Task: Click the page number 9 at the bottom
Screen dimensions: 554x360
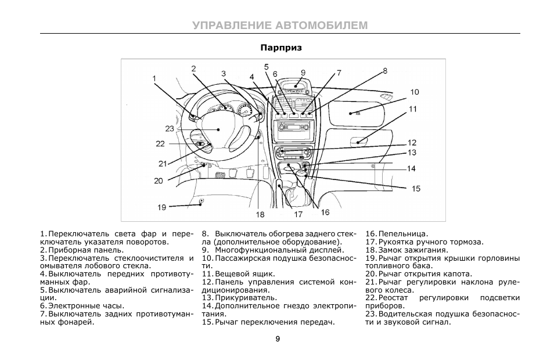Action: [x=278, y=339]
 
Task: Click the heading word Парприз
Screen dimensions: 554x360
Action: [x=281, y=48]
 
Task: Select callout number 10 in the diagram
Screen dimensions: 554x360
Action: [x=415, y=92]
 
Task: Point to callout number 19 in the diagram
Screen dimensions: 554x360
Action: [x=162, y=207]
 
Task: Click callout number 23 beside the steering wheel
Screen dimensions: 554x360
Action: [x=170, y=128]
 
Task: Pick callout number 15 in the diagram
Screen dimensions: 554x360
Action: [x=416, y=189]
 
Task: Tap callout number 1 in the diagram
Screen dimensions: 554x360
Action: [x=154, y=78]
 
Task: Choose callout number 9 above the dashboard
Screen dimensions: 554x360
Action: [x=303, y=73]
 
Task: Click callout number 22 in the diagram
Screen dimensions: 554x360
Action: [x=160, y=144]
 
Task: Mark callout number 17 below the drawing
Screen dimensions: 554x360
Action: [x=298, y=214]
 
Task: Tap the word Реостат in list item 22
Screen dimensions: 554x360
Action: [x=393, y=298]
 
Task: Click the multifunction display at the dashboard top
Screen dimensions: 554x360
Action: [x=296, y=85]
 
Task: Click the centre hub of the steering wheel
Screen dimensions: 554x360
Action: [x=218, y=129]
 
